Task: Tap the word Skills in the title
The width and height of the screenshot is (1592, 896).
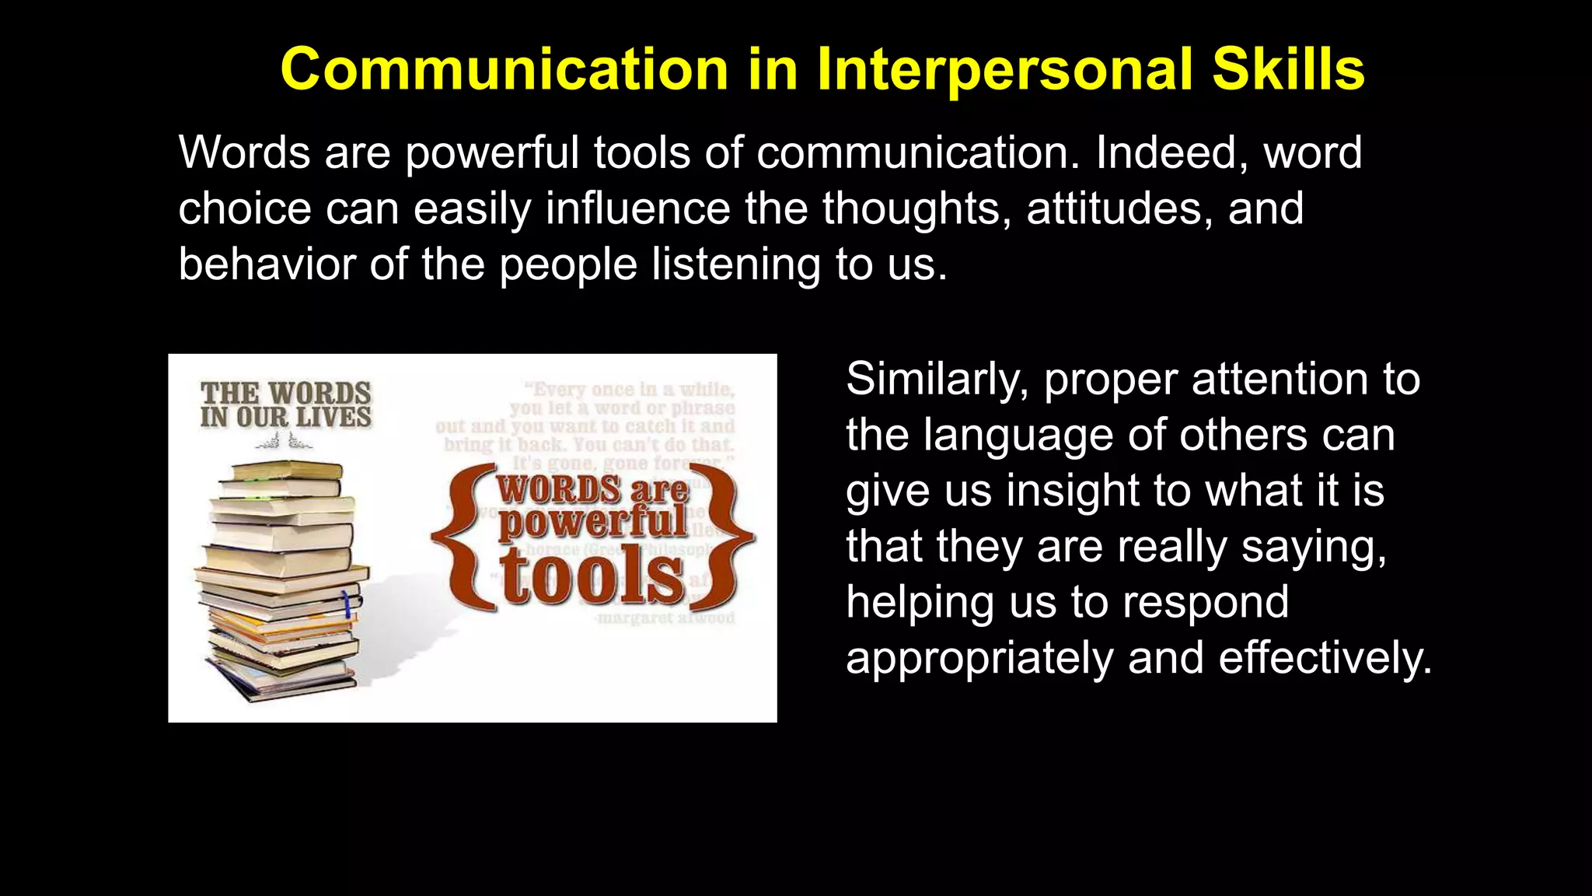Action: (1288, 70)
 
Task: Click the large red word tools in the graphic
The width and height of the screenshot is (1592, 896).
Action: (592, 577)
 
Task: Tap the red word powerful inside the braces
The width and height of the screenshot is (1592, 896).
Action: (592, 521)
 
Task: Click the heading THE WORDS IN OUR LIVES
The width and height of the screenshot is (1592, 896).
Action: (285, 404)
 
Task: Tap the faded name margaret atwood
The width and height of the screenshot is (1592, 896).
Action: (665, 618)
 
